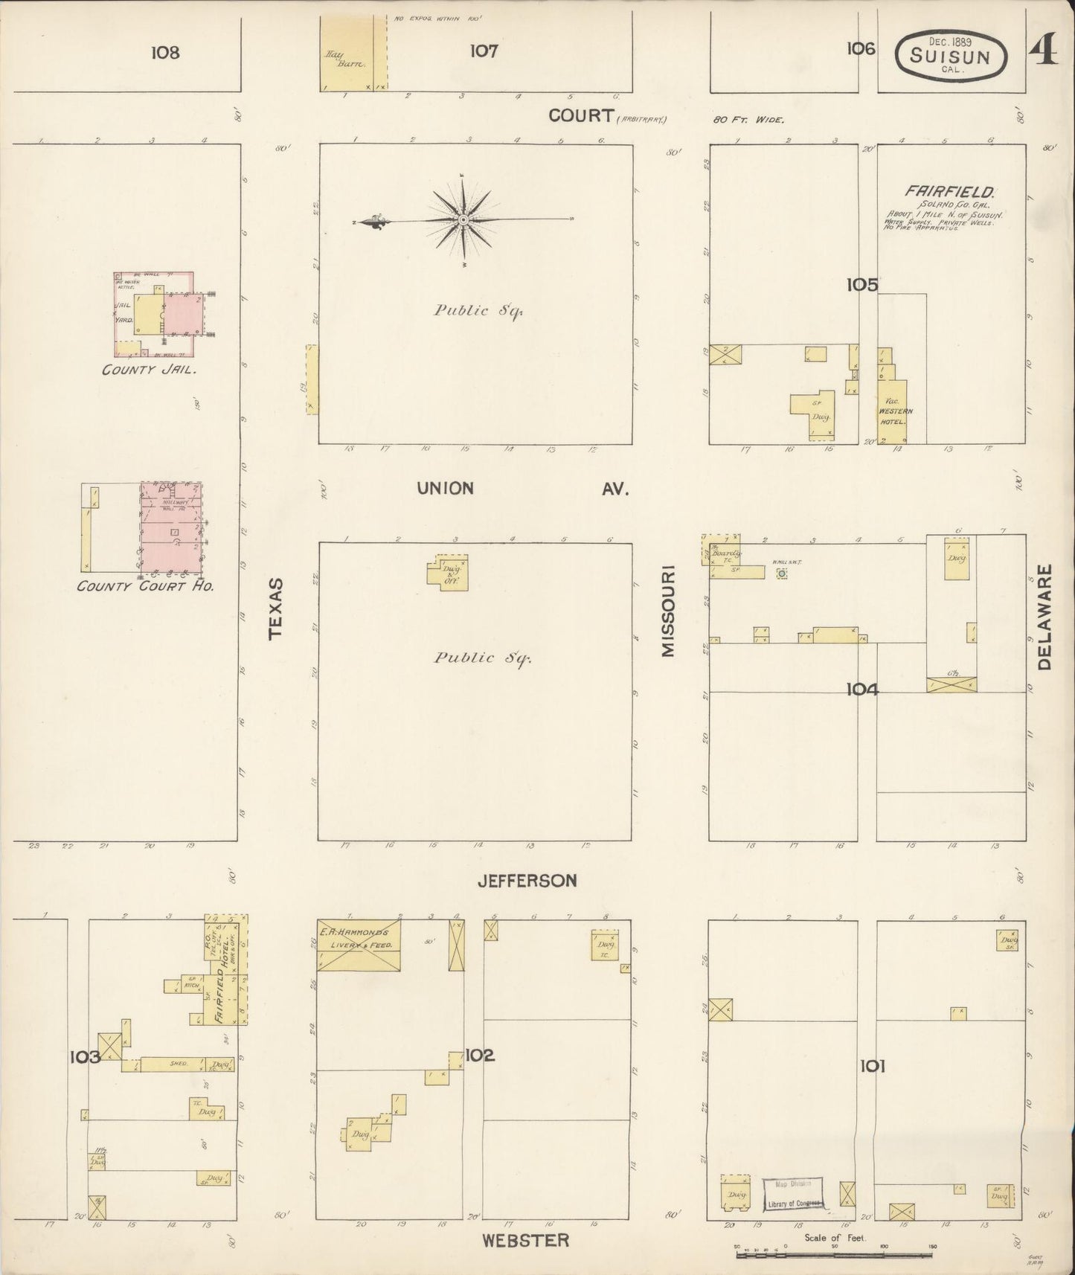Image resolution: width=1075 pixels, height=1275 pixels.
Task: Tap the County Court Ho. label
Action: pyautogui.click(x=145, y=586)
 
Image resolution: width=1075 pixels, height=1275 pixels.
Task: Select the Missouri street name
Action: pyautogui.click(x=667, y=611)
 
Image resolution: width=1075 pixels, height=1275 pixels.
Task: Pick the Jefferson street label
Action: pyautogui.click(x=527, y=881)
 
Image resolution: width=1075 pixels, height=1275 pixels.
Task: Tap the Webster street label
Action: pyautogui.click(x=525, y=1240)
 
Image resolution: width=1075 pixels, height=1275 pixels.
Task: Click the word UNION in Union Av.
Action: pyautogui.click(x=445, y=488)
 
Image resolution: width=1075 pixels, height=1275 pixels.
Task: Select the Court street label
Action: pyautogui.click(x=581, y=115)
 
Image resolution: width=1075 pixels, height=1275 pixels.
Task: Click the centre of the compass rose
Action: pyautogui.click(x=463, y=220)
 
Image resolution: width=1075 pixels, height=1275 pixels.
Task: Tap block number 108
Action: pyautogui.click(x=164, y=52)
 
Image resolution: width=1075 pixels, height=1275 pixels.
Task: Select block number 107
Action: pyautogui.click(x=483, y=51)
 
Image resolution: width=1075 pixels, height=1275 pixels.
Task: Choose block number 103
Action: pyautogui.click(x=85, y=1056)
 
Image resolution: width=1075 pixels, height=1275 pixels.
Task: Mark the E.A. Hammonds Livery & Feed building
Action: pyautogui.click(x=359, y=945)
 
